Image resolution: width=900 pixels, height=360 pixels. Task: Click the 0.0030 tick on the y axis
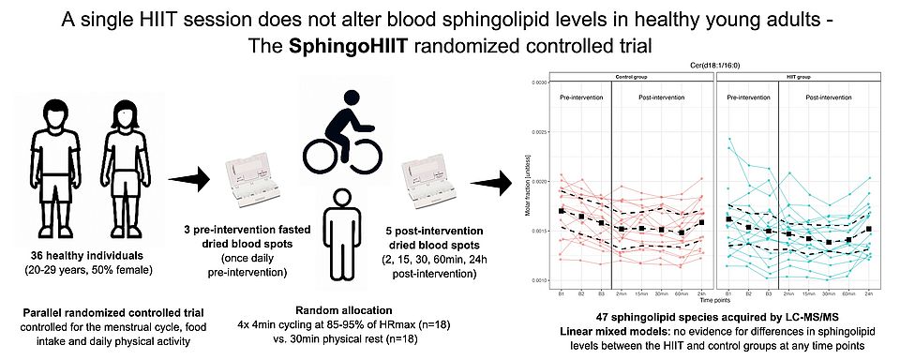click(540, 82)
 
